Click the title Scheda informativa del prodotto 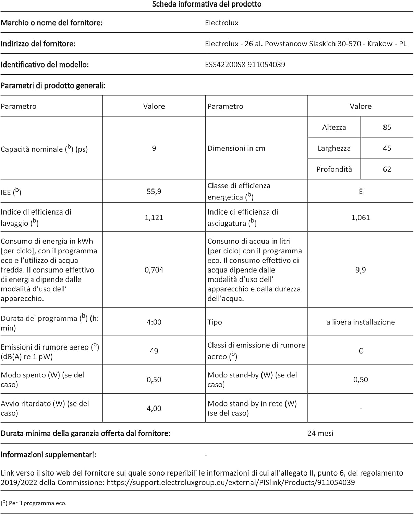pyautogui.click(x=207, y=4)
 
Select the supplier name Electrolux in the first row pyautogui.click(x=221, y=23)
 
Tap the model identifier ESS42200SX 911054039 pyautogui.click(x=245, y=65)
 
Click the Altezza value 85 pyautogui.click(x=387, y=127)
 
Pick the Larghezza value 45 pyautogui.click(x=387, y=148)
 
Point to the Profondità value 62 pyautogui.click(x=387, y=169)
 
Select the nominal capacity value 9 pyautogui.click(x=154, y=148)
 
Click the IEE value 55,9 pyautogui.click(x=154, y=192)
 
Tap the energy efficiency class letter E pyautogui.click(x=361, y=192)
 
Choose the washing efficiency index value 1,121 pyautogui.click(x=154, y=218)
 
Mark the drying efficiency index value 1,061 pyautogui.click(x=361, y=218)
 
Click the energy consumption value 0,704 pyautogui.click(x=154, y=270)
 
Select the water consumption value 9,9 pyautogui.click(x=361, y=270)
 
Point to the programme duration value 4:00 pyautogui.click(x=154, y=322)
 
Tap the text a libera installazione pyautogui.click(x=361, y=322)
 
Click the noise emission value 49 pyautogui.click(x=154, y=351)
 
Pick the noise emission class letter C pyautogui.click(x=361, y=351)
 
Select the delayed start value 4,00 pyautogui.click(x=154, y=409)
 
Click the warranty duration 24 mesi pyautogui.click(x=320, y=433)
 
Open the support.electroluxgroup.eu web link pyautogui.click(x=231, y=483)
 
